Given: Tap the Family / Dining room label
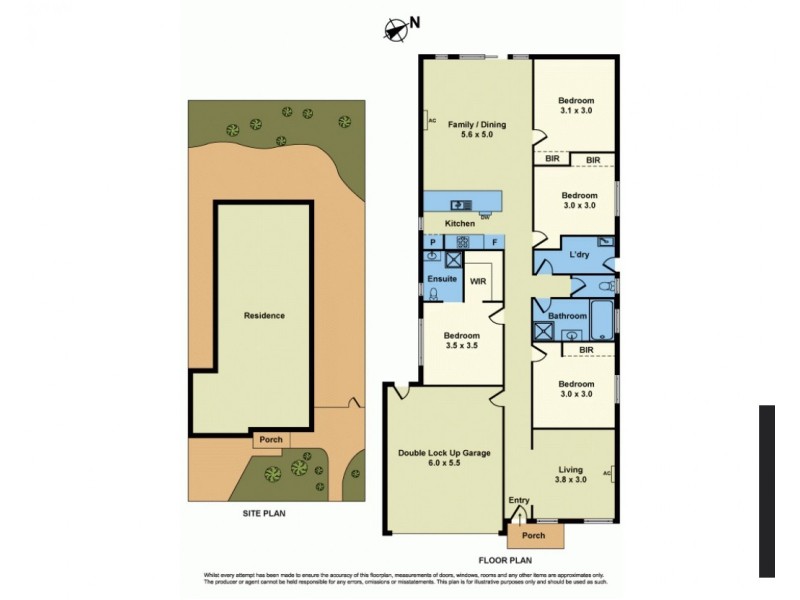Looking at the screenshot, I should (x=476, y=124).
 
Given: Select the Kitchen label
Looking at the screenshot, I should (x=459, y=223).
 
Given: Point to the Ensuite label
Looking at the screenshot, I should (x=442, y=277).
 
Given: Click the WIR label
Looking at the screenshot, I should (x=478, y=282).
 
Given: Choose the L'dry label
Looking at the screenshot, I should (x=579, y=255).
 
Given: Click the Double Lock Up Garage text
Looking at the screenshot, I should (x=444, y=453).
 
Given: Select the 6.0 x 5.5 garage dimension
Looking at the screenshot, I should (x=444, y=465).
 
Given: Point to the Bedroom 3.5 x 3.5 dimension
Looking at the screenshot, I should (x=461, y=347).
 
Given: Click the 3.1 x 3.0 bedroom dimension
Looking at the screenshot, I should (x=576, y=111).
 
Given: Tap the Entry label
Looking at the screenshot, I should (x=518, y=500).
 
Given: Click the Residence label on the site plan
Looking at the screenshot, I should (x=264, y=315).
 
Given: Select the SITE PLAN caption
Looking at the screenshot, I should (x=264, y=513).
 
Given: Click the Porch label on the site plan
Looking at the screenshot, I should (x=271, y=439).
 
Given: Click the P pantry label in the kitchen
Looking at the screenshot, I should (x=432, y=242).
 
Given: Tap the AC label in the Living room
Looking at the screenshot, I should (x=607, y=473).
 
